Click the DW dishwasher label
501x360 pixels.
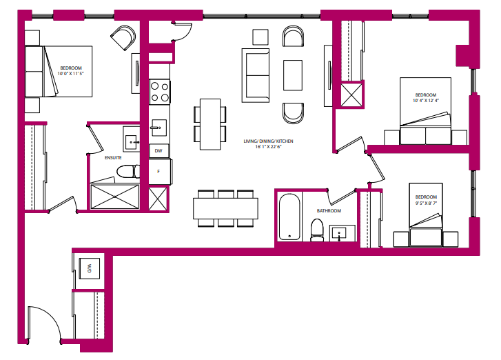point(158,150)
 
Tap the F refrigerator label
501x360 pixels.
point(158,172)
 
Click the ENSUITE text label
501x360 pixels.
point(113,157)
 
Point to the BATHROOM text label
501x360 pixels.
point(329,211)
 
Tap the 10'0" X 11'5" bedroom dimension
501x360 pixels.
point(71,74)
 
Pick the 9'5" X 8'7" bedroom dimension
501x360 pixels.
point(425,203)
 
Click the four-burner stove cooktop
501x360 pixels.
point(160,92)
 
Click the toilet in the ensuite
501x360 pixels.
point(126,172)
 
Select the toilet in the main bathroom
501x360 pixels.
point(317,229)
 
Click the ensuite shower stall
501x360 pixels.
point(114,197)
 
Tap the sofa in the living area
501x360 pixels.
point(255,74)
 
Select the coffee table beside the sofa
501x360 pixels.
point(293,74)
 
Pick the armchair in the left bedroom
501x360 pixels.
point(125,38)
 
